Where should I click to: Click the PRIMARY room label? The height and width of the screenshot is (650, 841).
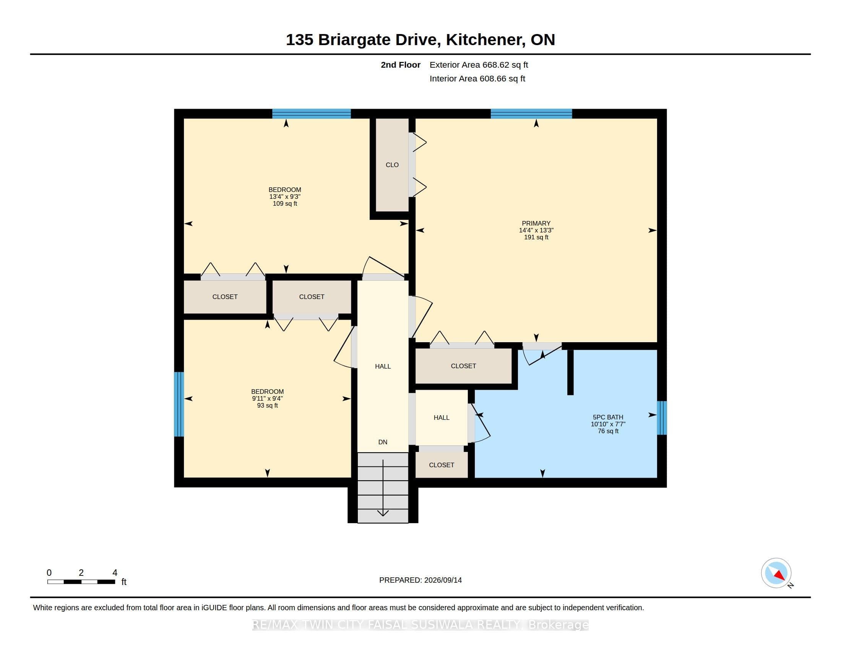tap(536, 223)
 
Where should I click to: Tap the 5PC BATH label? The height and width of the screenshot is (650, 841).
tap(608, 417)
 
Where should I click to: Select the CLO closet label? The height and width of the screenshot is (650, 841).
tap(392, 165)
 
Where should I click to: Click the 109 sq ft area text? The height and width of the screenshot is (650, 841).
tap(285, 204)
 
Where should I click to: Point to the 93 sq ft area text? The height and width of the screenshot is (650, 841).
tap(268, 405)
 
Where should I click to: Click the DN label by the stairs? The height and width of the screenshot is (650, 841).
tap(383, 442)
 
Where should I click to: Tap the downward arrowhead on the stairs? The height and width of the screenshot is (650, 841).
tap(383, 513)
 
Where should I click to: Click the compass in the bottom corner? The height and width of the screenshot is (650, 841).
tap(776, 573)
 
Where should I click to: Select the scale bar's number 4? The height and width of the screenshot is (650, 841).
tap(115, 573)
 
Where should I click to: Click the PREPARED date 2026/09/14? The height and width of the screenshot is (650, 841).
tap(443, 580)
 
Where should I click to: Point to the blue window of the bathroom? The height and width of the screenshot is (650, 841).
tap(662, 418)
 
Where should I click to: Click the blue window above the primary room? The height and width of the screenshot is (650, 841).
tap(531, 114)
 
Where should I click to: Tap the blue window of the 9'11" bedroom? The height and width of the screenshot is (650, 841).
tap(179, 404)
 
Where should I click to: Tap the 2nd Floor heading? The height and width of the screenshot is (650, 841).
tap(401, 65)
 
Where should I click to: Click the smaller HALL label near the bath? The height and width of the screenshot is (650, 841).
tap(441, 418)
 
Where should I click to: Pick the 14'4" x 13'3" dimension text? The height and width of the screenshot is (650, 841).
tap(536, 230)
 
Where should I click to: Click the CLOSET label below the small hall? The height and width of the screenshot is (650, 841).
tap(441, 465)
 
